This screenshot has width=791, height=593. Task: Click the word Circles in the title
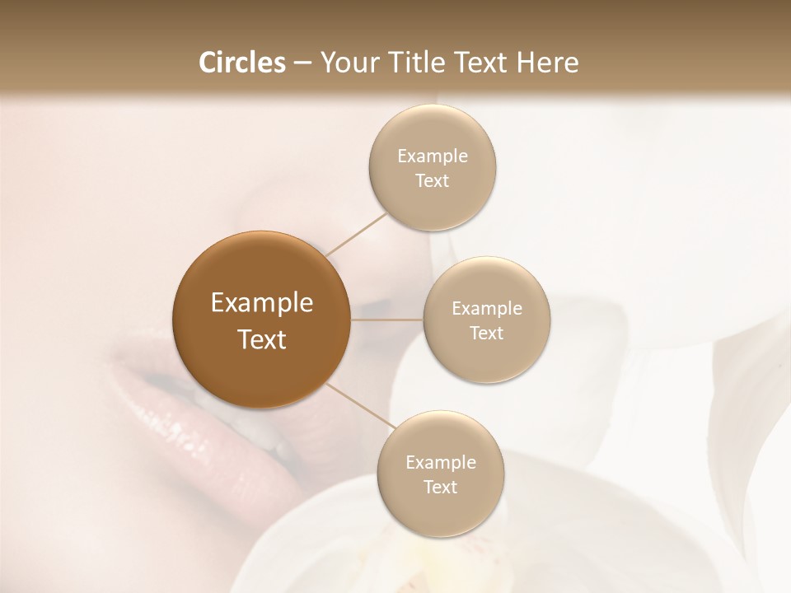[x=243, y=63]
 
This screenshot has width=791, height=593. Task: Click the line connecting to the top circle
[x=357, y=233]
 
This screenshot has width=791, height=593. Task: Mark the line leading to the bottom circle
[x=359, y=411]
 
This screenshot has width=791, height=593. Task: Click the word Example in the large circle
[x=262, y=303]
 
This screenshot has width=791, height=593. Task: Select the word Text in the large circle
[x=262, y=339]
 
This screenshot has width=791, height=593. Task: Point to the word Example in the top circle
[x=433, y=156]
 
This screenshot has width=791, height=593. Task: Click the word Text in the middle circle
[x=486, y=333]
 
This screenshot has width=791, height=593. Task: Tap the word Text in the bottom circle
[x=440, y=487]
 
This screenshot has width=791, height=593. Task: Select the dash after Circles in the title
[x=302, y=63]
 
